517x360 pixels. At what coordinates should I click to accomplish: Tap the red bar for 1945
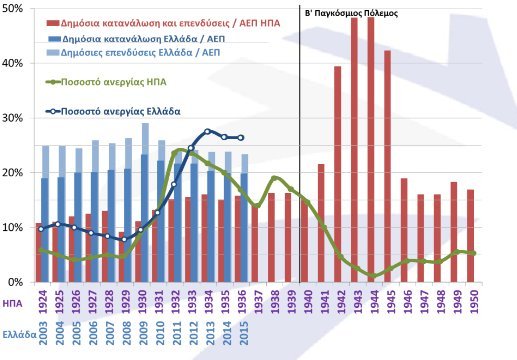387,165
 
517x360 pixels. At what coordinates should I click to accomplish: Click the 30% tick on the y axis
14,118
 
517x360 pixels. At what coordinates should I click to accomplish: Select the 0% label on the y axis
17,282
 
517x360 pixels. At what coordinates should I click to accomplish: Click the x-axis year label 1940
305,299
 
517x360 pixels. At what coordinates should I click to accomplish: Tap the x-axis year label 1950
471,299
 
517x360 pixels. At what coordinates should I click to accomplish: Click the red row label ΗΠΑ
13,299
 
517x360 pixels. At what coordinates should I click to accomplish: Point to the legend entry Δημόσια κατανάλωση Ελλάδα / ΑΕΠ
140,35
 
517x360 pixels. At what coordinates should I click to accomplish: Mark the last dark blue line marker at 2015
239,137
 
